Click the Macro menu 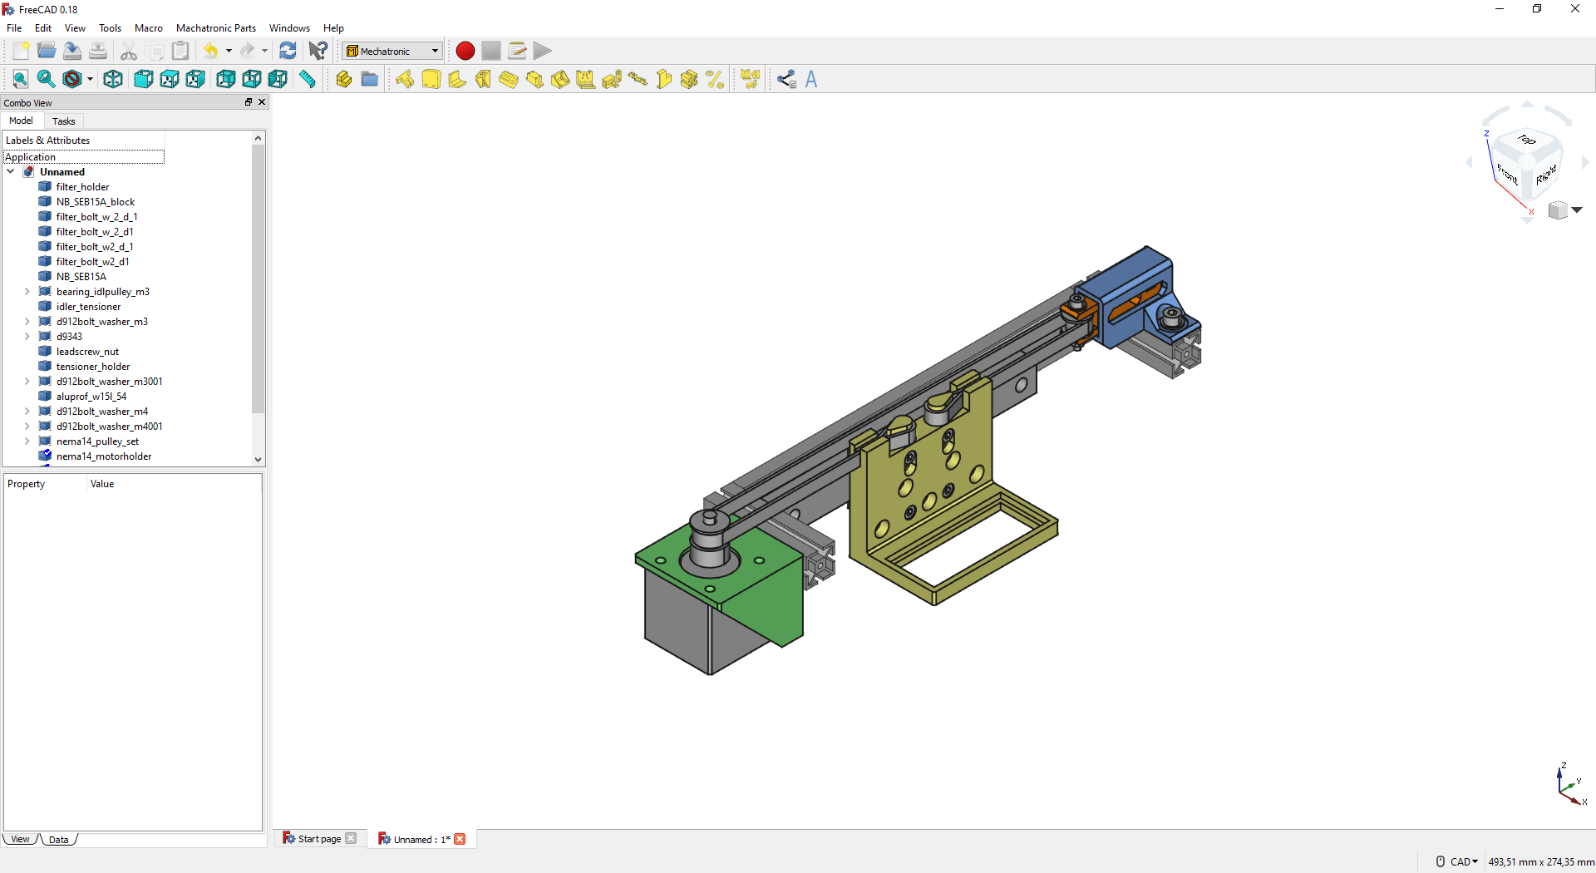[148, 27]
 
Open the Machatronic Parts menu [215, 27]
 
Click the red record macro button [465, 51]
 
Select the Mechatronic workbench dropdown [392, 51]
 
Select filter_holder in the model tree [82, 187]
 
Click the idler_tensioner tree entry [88, 307]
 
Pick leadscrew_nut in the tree [87, 352]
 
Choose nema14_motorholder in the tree [103, 456]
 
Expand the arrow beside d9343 [27, 337]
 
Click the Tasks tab [63, 121]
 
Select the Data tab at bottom [58, 840]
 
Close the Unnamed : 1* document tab [460, 839]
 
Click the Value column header [102, 484]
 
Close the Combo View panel [262, 102]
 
